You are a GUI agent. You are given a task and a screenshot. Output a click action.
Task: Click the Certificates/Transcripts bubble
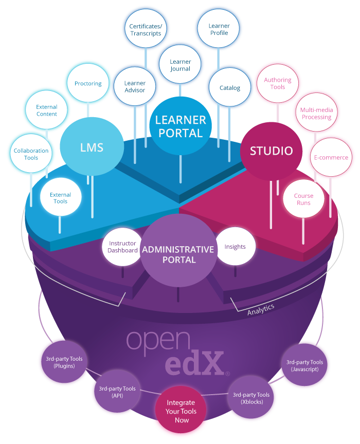[x=145, y=30]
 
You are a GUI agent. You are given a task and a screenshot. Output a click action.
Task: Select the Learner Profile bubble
[x=219, y=29]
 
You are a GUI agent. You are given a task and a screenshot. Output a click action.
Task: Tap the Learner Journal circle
[x=180, y=65]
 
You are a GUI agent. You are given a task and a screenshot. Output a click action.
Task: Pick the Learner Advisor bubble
[x=135, y=86]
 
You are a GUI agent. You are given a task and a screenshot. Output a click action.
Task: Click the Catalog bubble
[x=230, y=88]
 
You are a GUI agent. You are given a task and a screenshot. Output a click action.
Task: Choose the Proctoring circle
[x=88, y=83]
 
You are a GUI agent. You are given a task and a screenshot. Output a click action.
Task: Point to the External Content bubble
[x=47, y=110]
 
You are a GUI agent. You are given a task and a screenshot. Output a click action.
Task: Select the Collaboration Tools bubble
[x=31, y=154]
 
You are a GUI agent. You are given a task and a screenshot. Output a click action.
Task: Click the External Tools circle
[x=60, y=198]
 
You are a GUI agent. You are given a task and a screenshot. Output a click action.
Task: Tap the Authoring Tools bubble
[x=278, y=83]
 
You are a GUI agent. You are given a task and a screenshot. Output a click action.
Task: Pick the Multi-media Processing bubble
[x=316, y=114]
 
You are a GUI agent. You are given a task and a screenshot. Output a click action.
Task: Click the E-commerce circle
[x=330, y=158]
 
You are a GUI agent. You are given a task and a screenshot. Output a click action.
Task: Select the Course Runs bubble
[x=303, y=199]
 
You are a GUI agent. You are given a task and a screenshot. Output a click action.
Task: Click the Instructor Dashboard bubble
[x=122, y=247]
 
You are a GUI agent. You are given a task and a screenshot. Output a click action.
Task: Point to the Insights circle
[x=235, y=247]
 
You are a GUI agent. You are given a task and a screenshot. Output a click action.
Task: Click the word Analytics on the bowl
[x=260, y=310]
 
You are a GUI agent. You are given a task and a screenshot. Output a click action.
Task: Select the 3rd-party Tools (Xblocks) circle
[x=251, y=398]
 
